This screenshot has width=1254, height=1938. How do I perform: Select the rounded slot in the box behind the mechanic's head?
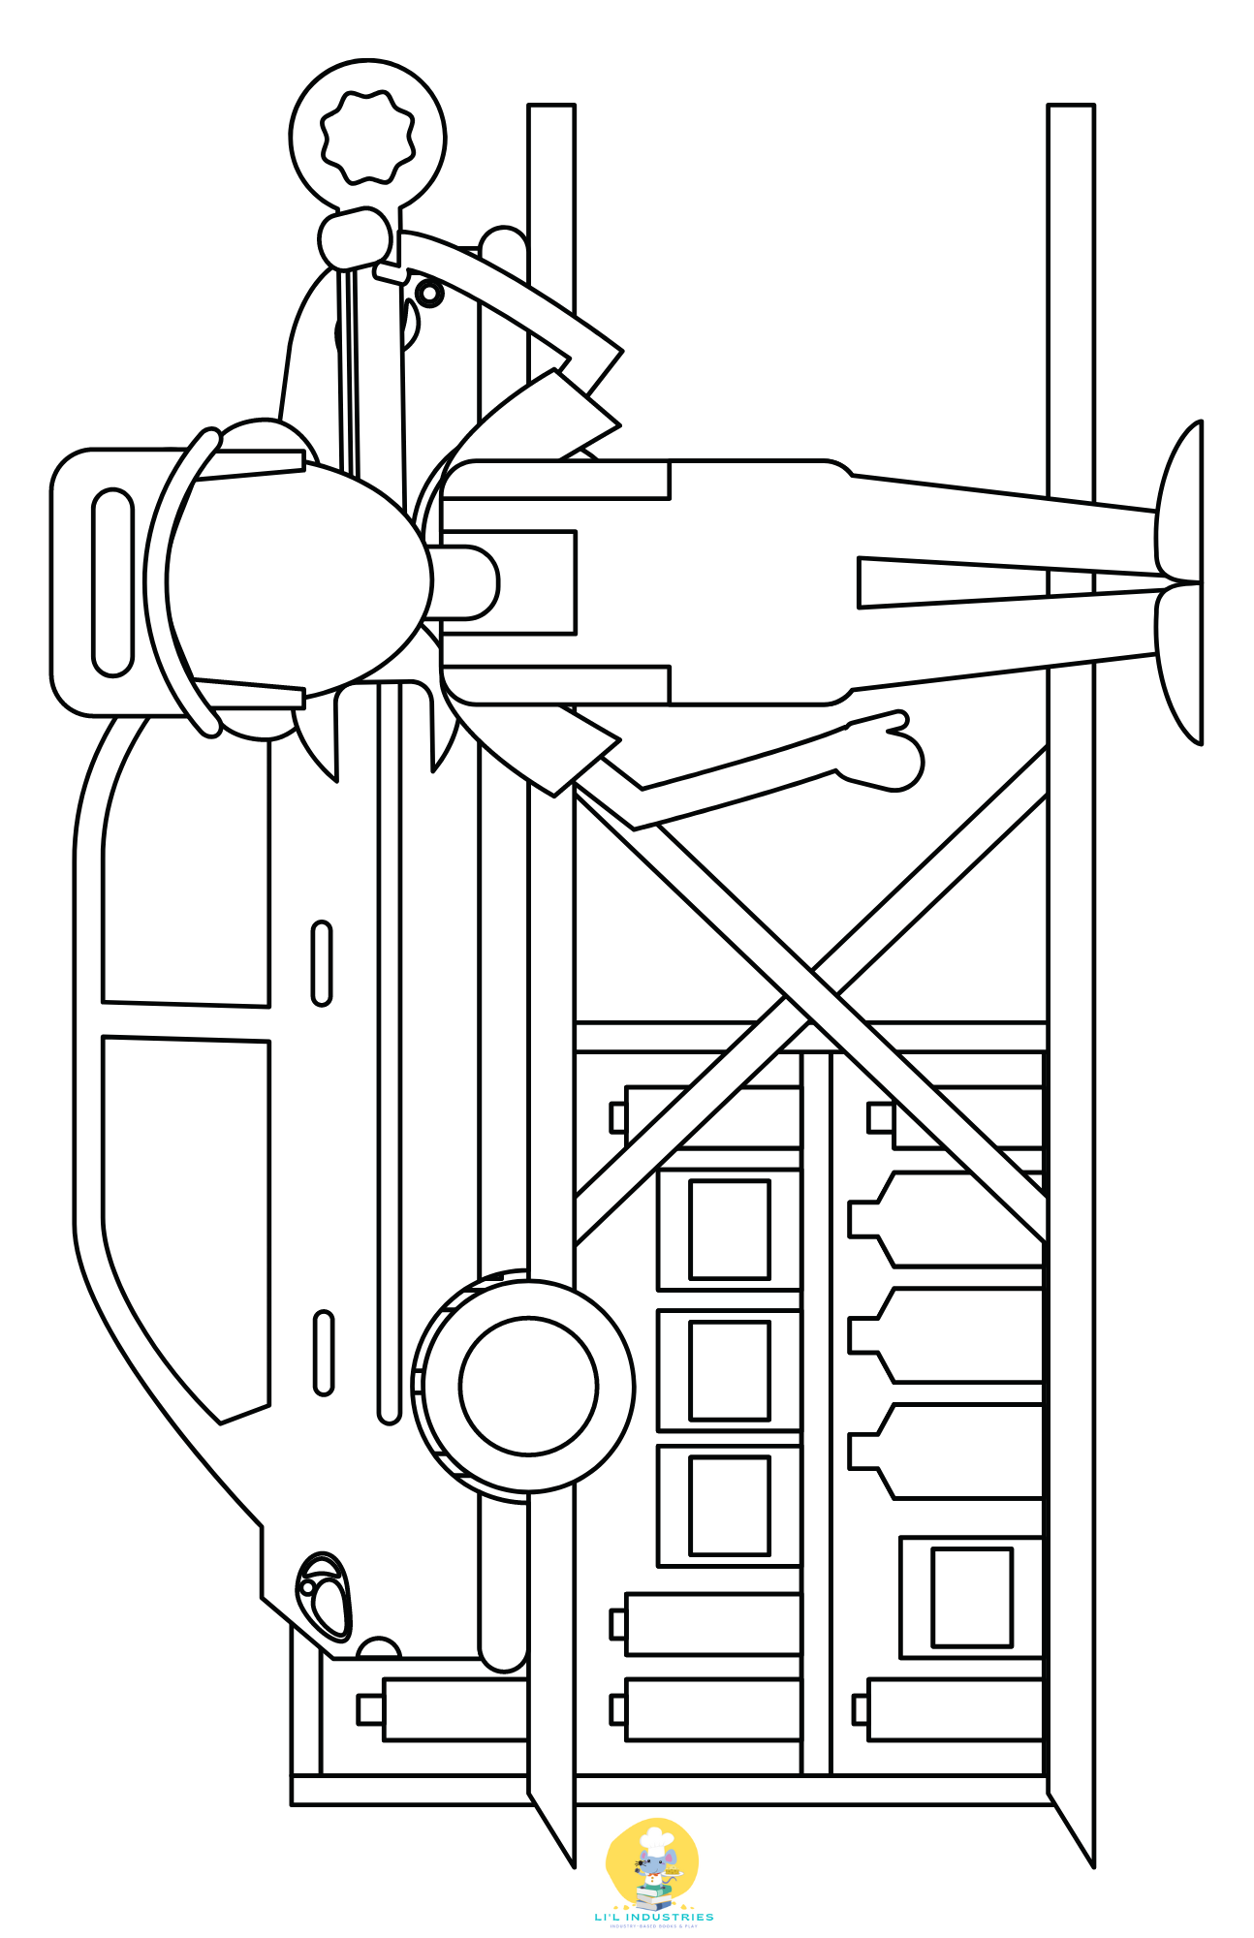112,581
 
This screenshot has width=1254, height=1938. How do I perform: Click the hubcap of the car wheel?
528,1386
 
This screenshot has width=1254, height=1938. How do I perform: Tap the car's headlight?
325,1595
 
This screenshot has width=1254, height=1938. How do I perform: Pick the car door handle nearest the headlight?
324,1353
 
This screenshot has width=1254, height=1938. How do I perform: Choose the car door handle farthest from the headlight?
322,963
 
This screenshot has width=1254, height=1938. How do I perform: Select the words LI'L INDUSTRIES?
654,1917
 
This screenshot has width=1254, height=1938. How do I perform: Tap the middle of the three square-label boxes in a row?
730,1370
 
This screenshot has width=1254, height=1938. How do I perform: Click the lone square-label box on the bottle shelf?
972,1597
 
